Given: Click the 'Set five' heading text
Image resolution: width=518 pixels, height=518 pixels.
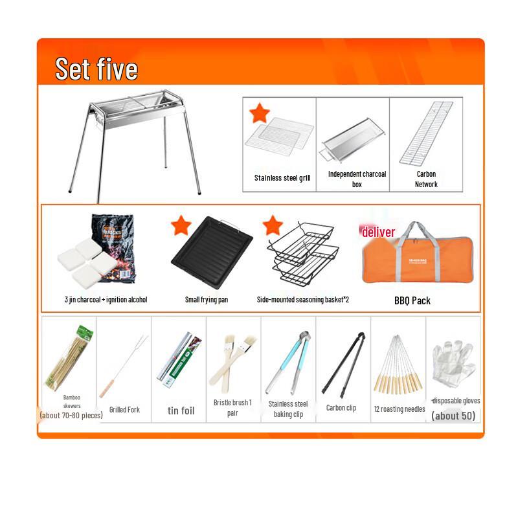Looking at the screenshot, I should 96,69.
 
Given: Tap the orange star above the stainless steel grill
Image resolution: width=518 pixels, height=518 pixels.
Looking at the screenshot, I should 260,113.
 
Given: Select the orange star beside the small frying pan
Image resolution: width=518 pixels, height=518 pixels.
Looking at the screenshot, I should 181,225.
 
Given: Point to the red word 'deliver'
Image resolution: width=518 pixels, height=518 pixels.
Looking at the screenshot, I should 378,232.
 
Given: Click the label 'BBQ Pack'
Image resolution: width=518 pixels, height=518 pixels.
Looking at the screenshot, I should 412,300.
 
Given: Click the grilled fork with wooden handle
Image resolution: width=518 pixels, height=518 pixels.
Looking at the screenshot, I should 123,366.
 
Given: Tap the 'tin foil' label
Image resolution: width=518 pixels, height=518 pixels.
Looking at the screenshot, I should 181,411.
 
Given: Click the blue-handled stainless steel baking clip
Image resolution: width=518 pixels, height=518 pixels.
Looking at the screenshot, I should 289,363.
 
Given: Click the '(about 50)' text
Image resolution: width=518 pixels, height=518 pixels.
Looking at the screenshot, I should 453,416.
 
